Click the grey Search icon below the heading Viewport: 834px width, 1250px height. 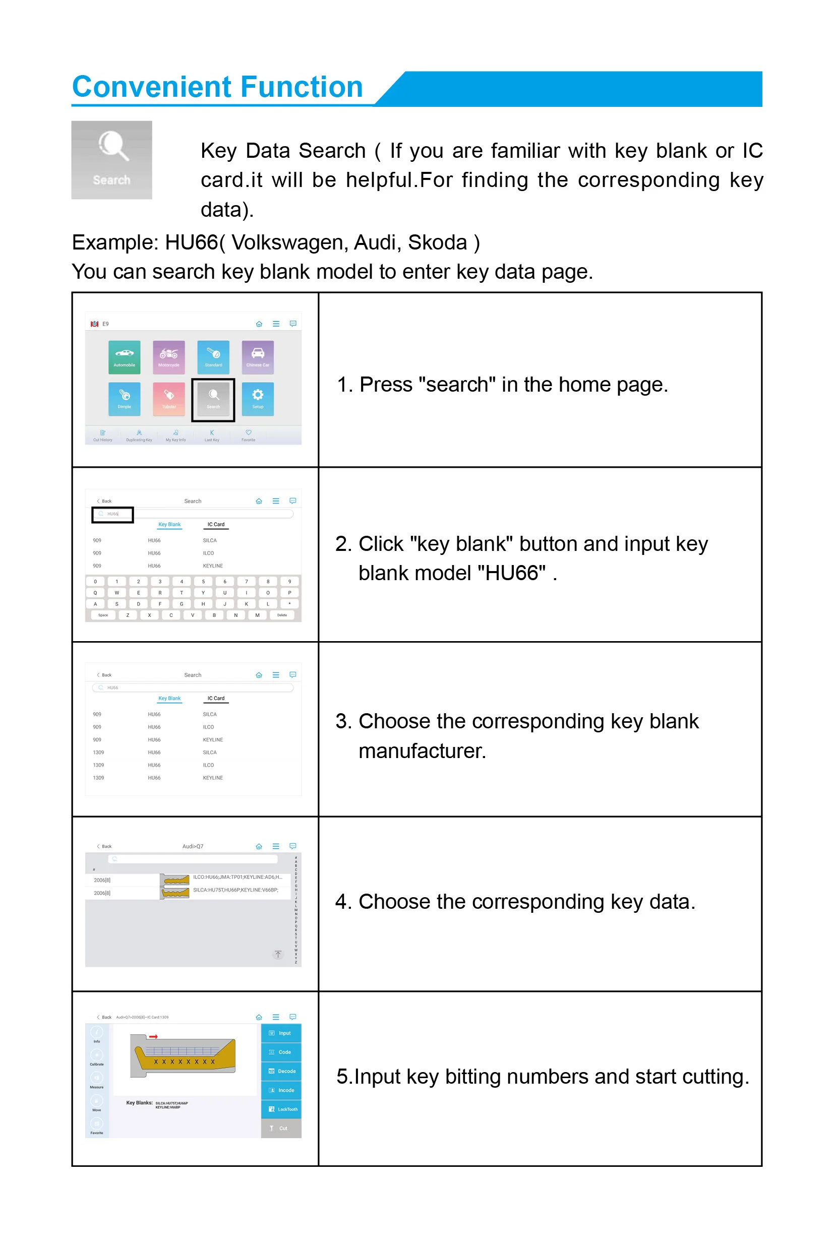(112, 159)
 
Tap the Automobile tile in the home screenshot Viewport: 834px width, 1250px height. (125, 357)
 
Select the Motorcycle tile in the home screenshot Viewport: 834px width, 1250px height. (168, 357)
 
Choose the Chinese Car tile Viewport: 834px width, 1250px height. (258, 357)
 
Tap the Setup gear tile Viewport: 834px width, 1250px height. (258, 399)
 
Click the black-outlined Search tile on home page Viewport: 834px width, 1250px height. (213, 399)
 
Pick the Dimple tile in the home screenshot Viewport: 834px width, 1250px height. (125, 399)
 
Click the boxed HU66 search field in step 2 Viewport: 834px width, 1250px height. (113, 514)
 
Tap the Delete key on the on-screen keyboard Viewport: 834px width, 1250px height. (282, 615)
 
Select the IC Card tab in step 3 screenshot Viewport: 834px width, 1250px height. (216, 698)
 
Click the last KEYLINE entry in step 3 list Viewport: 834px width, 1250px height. (213, 778)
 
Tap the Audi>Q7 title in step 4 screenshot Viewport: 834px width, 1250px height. (193, 846)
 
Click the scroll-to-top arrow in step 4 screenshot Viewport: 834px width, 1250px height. (278, 954)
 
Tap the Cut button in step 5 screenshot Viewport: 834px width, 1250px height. (281, 1128)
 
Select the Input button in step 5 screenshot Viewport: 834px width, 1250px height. (281, 1033)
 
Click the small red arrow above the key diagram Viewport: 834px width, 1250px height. (153, 1036)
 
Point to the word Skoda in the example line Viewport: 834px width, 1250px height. (437, 242)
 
